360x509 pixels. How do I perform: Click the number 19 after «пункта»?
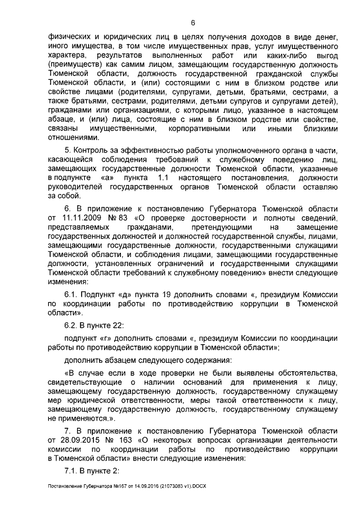[x=172, y=294]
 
